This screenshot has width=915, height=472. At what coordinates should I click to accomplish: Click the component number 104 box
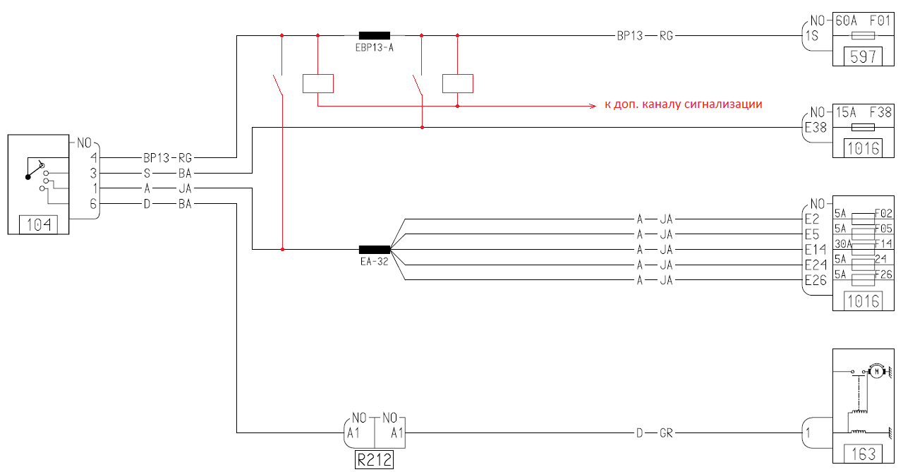pyautogui.click(x=39, y=226)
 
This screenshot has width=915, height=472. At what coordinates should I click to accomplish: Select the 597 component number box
pyautogui.click(x=863, y=57)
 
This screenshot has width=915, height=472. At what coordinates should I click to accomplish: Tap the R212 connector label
pyautogui.click(x=374, y=461)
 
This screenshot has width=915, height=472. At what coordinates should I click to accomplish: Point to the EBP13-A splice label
pyautogui.click(x=375, y=49)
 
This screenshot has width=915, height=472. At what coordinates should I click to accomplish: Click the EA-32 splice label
pyautogui.click(x=375, y=262)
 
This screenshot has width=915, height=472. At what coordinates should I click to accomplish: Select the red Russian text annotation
pyautogui.click(x=684, y=104)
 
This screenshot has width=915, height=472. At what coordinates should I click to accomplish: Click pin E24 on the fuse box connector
pyautogui.click(x=816, y=265)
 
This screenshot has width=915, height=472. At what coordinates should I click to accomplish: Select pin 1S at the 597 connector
pyautogui.click(x=811, y=35)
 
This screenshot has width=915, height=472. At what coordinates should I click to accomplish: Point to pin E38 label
pyautogui.click(x=816, y=128)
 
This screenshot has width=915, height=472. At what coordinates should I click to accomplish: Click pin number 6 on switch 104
pyautogui.click(x=93, y=204)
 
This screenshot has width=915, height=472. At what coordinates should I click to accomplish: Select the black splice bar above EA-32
pyautogui.click(x=375, y=249)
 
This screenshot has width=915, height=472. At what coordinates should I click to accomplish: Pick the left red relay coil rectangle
pyautogui.click(x=317, y=83)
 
